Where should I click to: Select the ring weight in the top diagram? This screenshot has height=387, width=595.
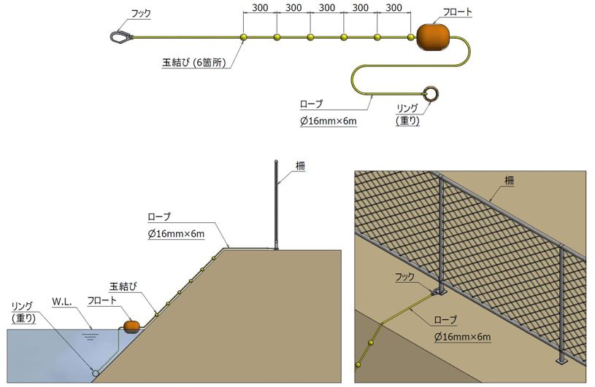[x=431, y=94]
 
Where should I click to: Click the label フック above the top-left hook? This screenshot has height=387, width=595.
[x=139, y=12]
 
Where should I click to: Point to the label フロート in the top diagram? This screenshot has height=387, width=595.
[x=458, y=12]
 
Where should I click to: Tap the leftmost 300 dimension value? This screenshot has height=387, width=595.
[x=259, y=8]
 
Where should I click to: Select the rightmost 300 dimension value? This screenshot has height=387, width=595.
[x=394, y=8]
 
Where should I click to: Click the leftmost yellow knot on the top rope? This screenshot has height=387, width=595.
[x=243, y=37]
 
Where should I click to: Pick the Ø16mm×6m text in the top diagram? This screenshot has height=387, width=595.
[x=329, y=121]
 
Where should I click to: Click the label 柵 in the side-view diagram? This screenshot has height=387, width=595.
[x=300, y=165]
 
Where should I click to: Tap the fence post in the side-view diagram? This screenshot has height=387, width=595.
[x=276, y=204]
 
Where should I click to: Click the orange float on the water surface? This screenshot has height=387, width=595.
[x=132, y=326]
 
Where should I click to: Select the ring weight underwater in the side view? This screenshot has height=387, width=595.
[x=95, y=372]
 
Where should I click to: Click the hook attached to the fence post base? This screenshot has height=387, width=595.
[x=437, y=291]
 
